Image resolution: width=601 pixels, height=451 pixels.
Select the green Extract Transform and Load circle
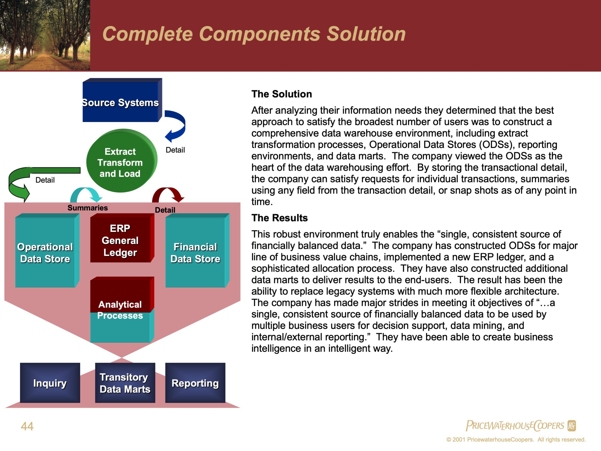pyautogui.click(x=120, y=162)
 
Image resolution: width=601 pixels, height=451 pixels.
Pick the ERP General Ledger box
pyautogui.click(x=120, y=240)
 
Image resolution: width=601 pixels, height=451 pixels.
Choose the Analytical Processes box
pyautogui.click(x=120, y=310)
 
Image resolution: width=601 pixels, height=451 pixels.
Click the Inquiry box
pyautogui.click(x=50, y=383)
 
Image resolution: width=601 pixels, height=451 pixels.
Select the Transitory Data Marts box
pyautogui.click(x=125, y=383)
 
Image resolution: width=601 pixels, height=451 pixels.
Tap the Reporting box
pyautogui.click(x=195, y=383)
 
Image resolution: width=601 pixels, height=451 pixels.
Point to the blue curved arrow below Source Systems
pyautogui.click(x=177, y=125)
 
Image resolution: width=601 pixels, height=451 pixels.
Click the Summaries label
pyautogui.click(x=88, y=208)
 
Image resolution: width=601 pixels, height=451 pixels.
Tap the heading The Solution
pyautogui.click(x=281, y=94)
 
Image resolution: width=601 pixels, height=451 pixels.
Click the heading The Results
pyautogui.click(x=279, y=218)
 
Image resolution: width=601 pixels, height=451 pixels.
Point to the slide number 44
pyautogui.click(x=27, y=426)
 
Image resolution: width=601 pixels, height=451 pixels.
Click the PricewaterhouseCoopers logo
pyautogui.click(x=520, y=425)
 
